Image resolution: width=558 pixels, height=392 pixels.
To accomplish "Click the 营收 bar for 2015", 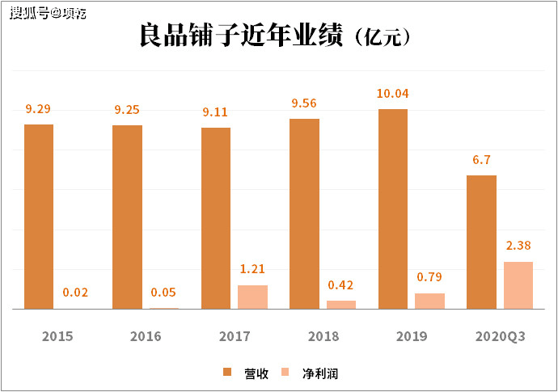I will [x=39, y=217].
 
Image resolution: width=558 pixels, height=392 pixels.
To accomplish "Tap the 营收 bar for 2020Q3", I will [x=482, y=242].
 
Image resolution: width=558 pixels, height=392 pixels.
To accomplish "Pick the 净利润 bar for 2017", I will [x=252, y=297].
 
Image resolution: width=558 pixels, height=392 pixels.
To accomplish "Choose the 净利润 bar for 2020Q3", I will [x=518, y=285].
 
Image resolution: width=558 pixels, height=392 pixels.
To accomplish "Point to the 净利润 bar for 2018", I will [x=341, y=305].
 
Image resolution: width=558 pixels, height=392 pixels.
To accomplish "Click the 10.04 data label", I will [x=393, y=94].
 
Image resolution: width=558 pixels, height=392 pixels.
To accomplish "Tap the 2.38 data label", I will [x=518, y=246].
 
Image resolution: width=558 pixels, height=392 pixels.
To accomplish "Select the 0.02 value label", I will [x=75, y=293].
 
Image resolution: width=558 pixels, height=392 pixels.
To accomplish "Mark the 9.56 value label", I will [x=305, y=103].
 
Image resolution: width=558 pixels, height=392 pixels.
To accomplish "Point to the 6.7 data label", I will [x=482, y=160].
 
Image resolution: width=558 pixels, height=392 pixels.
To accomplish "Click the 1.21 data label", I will [x=252, y=269].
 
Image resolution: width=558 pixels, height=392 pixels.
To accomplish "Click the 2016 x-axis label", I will [x=146, y=336].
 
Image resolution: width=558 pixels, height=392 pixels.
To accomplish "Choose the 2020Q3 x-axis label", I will [x=500, y=336].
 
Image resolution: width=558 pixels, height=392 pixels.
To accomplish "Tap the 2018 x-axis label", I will [x=323, y=336].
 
